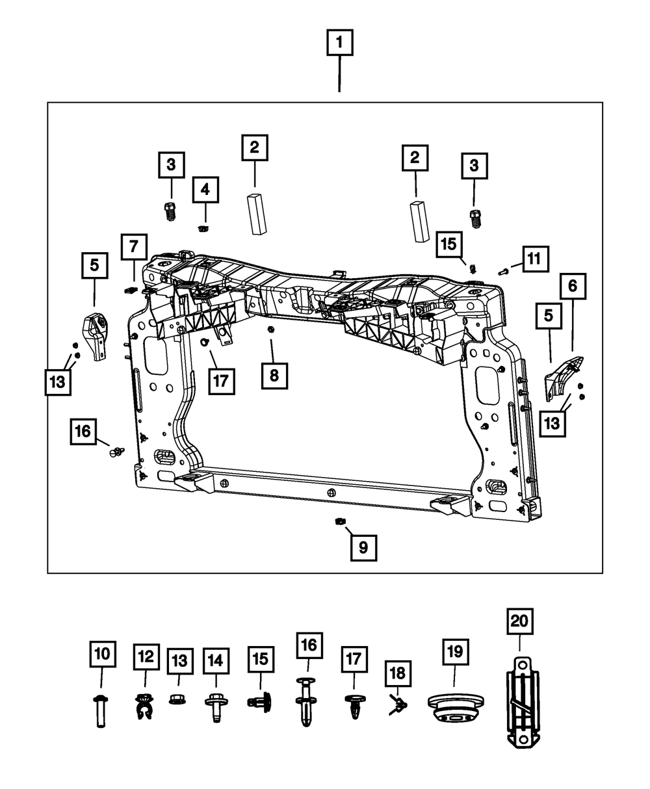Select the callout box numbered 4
tap(205, 190)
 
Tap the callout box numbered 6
tap(573, 285)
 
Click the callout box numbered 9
tap(363, 547)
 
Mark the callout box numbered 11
tap(534, 259)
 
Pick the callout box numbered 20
tap(519, 621)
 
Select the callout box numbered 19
tap(455, 651)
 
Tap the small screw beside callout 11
tap(503, 271)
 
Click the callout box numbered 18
tap(398, 673)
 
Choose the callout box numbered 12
tap(146, 656)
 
